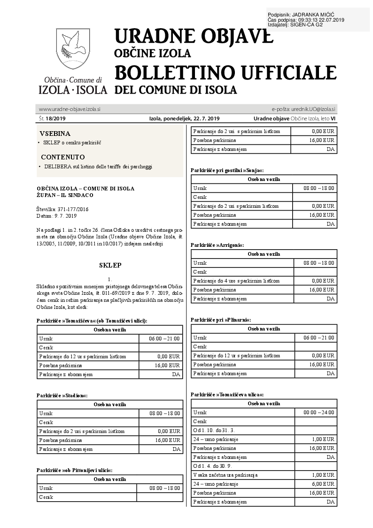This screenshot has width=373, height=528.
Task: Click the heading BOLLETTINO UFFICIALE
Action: [225, 72]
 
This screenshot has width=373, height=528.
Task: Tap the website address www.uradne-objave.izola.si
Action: [70, 109]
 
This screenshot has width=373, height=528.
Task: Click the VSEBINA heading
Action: [55, 134]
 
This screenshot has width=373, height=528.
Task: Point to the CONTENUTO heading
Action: [63, 157]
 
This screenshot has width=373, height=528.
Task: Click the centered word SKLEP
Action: [110, 265]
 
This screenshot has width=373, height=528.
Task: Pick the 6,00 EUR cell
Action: [323, 484]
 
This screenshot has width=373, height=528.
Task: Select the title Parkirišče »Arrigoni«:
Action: [218, 245]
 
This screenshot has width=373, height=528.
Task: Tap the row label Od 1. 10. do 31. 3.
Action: [214, 430]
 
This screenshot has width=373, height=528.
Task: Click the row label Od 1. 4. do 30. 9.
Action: [213, 466]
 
